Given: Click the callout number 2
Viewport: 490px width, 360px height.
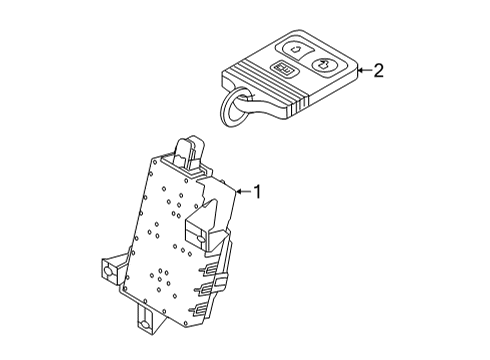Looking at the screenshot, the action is [378, 70].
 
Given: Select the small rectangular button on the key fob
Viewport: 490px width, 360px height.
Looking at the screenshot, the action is [284, 70].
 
